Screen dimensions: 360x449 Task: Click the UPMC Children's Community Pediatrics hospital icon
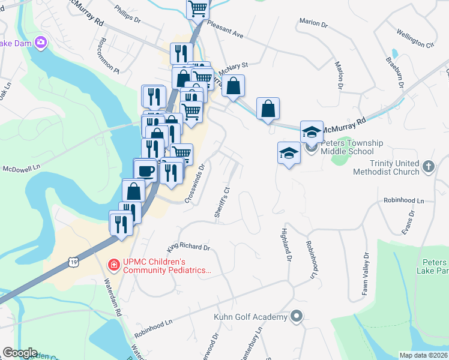113,265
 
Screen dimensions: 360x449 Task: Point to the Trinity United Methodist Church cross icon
428,167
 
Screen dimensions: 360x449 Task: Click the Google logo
20,353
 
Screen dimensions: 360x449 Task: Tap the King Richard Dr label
188,246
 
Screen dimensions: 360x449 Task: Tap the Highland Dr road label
286,240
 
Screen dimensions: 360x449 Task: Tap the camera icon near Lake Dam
41,43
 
